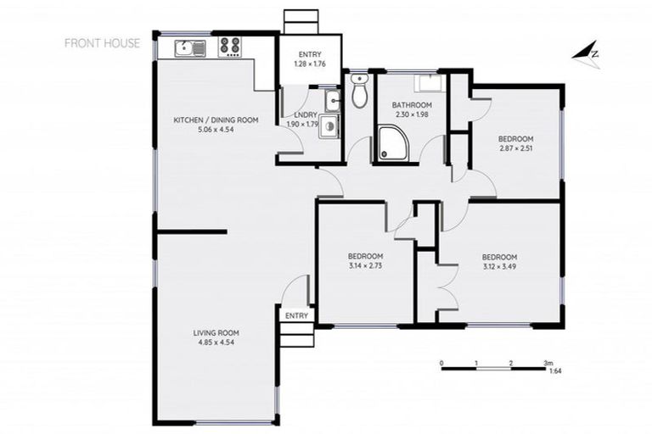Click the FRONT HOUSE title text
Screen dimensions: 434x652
(x=103, y=43)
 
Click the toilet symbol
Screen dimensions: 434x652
(x=360, y=91)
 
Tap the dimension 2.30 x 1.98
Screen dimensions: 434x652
(x=411, y=115)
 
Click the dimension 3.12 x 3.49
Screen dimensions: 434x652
(x=499, y=267)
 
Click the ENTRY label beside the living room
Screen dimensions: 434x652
(x=296, y=315)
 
